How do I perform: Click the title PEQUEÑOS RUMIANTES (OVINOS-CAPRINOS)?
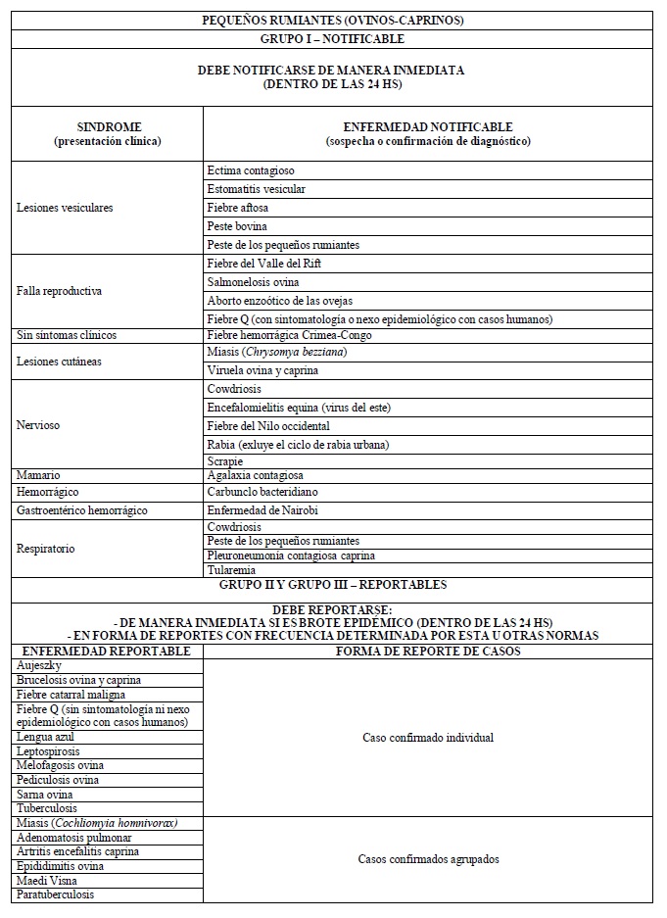point(332,20)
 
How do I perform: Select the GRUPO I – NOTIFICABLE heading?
point(332,39)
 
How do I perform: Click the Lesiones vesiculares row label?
point(65,208)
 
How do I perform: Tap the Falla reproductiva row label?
point(60,291)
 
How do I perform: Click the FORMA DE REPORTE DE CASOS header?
point(428,651)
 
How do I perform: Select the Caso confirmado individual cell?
point(428,737)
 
